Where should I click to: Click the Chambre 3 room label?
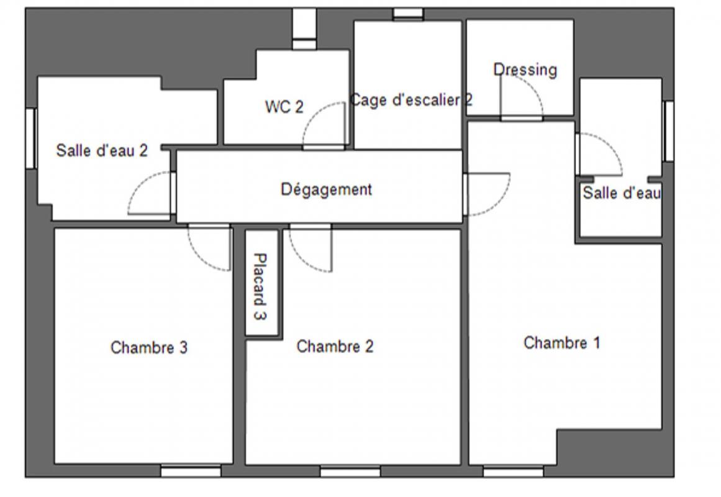coord(149,347)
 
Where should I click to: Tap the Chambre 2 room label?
coord(335,346)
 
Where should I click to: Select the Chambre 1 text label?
coord(561,343)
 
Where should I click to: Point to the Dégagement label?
coord(326,189)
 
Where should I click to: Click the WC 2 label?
coord(284,107)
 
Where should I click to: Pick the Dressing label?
coord(525,70)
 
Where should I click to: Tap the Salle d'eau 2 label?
coord(102,150)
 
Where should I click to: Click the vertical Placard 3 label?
coord(260,286)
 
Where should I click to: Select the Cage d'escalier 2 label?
coord(411,100)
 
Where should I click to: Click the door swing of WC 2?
coord(312,114)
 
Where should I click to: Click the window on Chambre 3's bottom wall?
coord(191,471)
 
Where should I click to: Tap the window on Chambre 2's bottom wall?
coord(350,471)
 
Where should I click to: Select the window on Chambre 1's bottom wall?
coord(513,471)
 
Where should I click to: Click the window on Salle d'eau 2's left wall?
coord(31,138)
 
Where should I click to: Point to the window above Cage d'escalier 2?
coord(409,14)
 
